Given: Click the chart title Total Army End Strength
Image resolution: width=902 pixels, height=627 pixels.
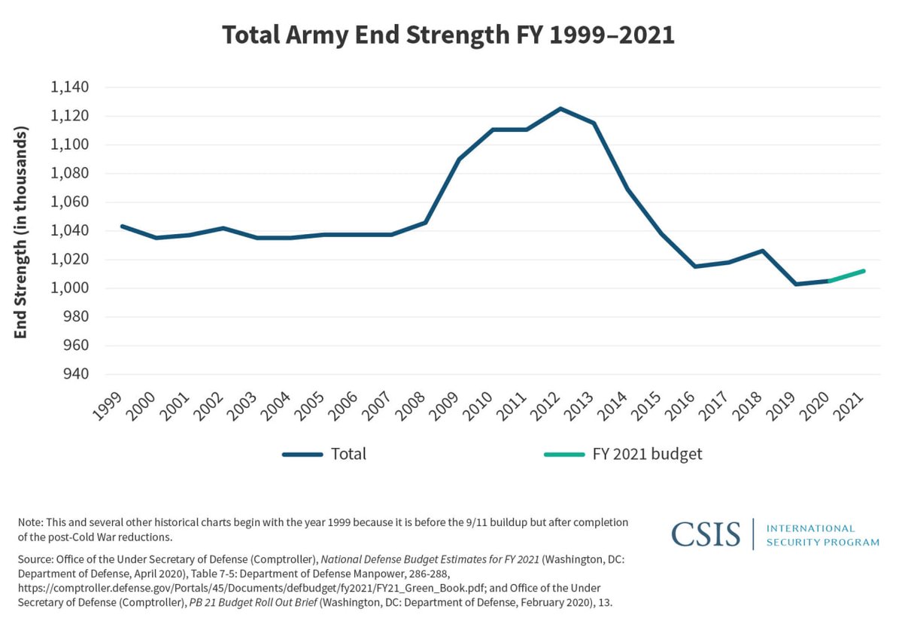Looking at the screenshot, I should click(x=448, y=35).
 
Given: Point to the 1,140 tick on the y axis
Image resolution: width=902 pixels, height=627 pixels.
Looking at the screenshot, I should click(x=69, y=87).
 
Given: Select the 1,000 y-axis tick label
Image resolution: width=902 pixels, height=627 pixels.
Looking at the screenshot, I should click(x=69, y=288).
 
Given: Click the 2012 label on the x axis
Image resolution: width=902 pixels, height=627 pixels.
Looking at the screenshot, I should click(x=551, y=406).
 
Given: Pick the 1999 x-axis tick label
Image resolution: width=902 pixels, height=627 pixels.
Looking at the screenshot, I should click(x=108, y=406).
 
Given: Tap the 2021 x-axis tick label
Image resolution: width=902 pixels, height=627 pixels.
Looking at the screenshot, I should click(x=855, y=406).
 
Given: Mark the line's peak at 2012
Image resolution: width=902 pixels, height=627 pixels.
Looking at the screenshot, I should click(x=560, y=108).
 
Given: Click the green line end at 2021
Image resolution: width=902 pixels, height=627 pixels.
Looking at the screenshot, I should click(x=864, y=271).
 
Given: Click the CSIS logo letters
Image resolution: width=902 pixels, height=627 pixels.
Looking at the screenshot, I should click(x=706, y=534).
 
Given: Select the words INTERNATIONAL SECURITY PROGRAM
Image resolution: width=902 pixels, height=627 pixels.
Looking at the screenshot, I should click(x=822, y=535).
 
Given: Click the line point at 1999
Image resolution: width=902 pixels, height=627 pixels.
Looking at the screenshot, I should click(x=121, y=226).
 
